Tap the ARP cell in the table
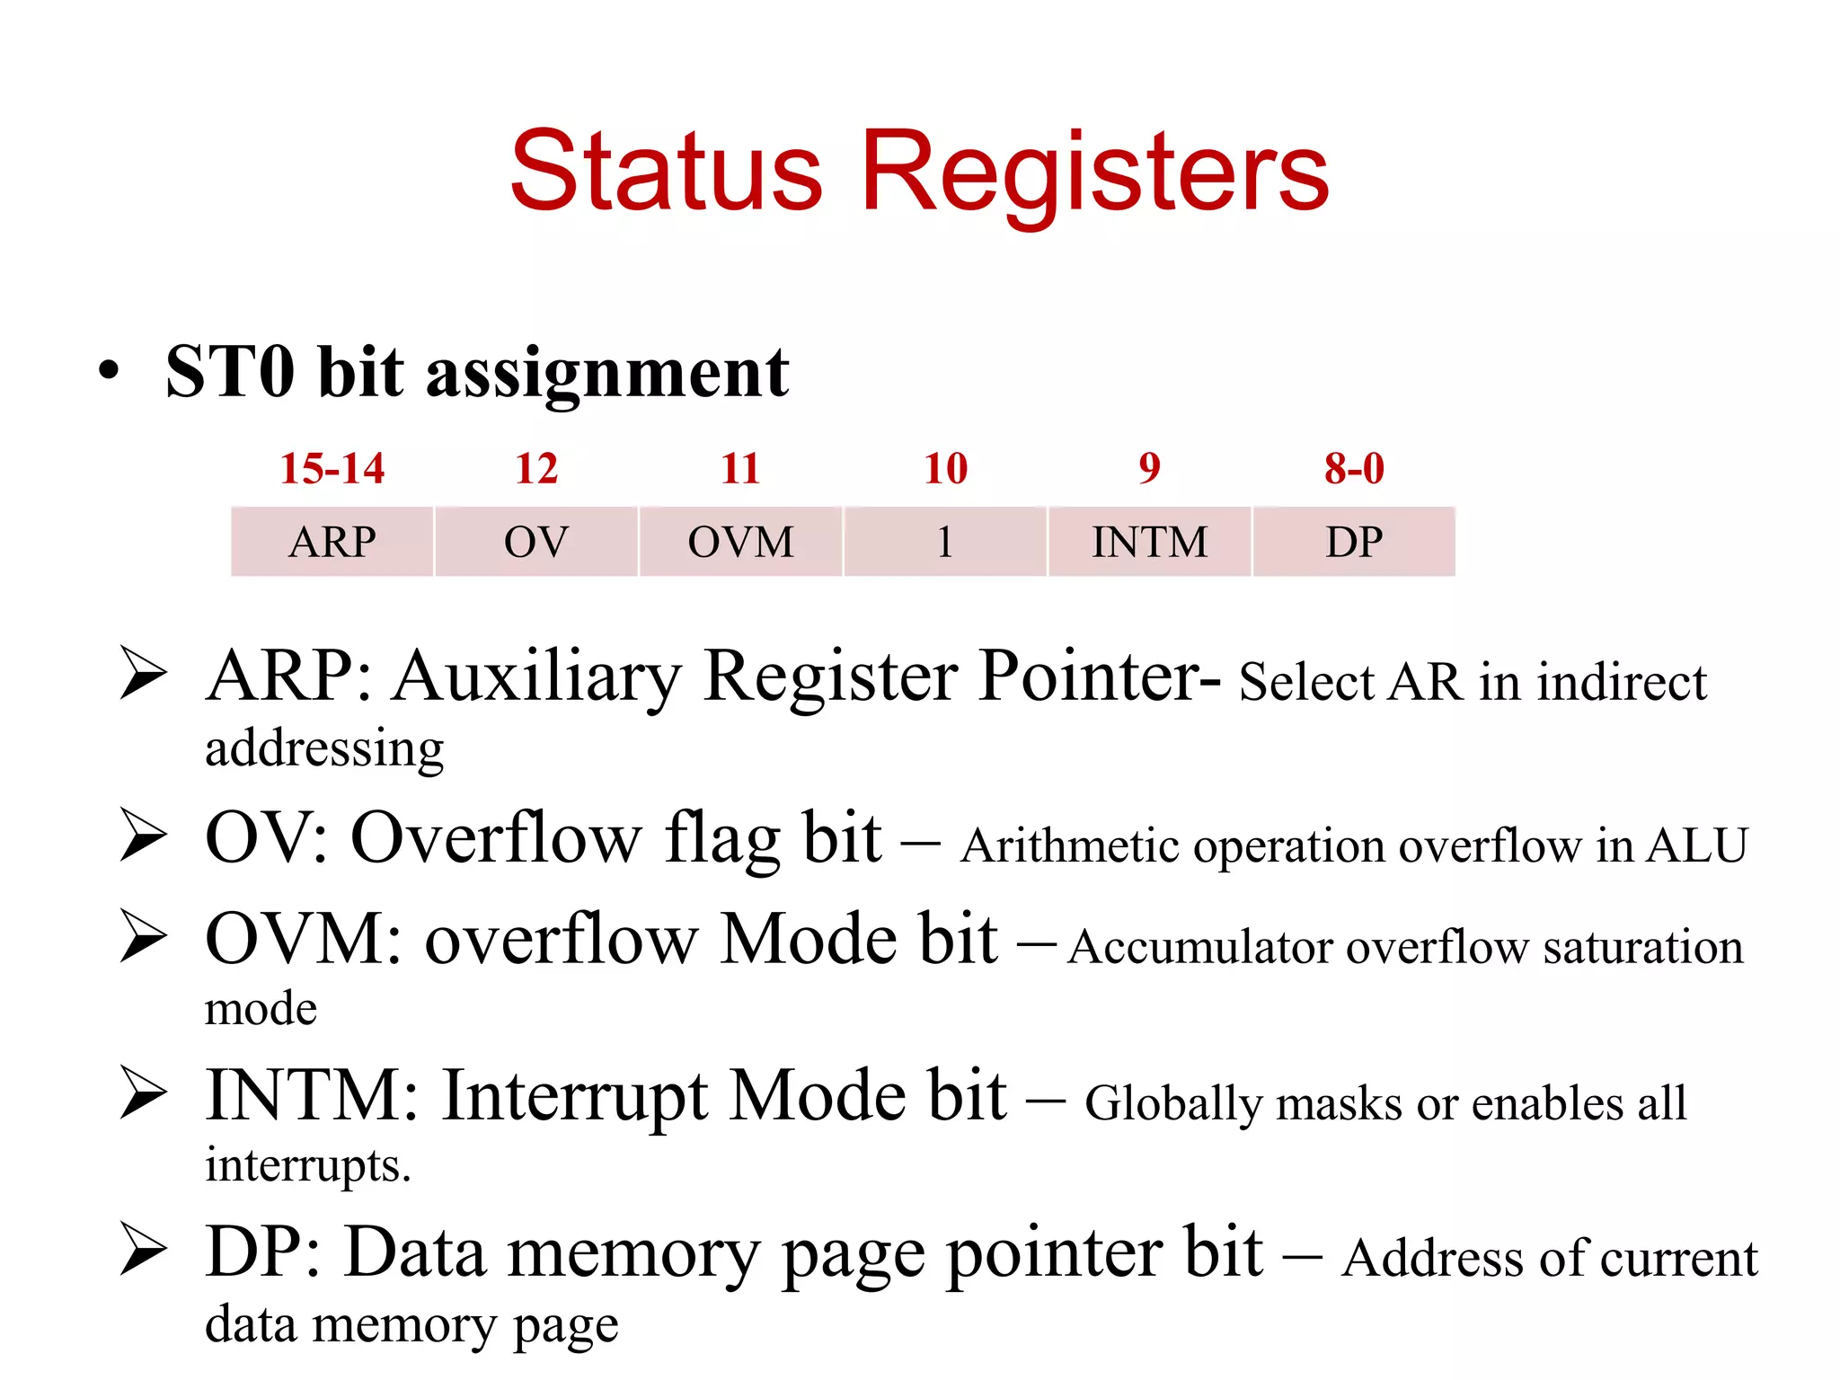tap(332, 542)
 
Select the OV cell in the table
tap(536, 542)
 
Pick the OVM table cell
tap(741, 542)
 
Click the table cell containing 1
tap(945, 542)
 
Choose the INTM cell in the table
tap(1150, 542)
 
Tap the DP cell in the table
tap(1354, 542)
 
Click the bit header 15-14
tap(332, 468)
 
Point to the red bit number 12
tap(536, 468)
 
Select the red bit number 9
tap(1150, 468)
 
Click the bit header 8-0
tap(1354, 468)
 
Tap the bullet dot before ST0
tap(109, 372)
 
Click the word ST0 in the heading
tap(230, 372)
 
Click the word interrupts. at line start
tap(307, 1165)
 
